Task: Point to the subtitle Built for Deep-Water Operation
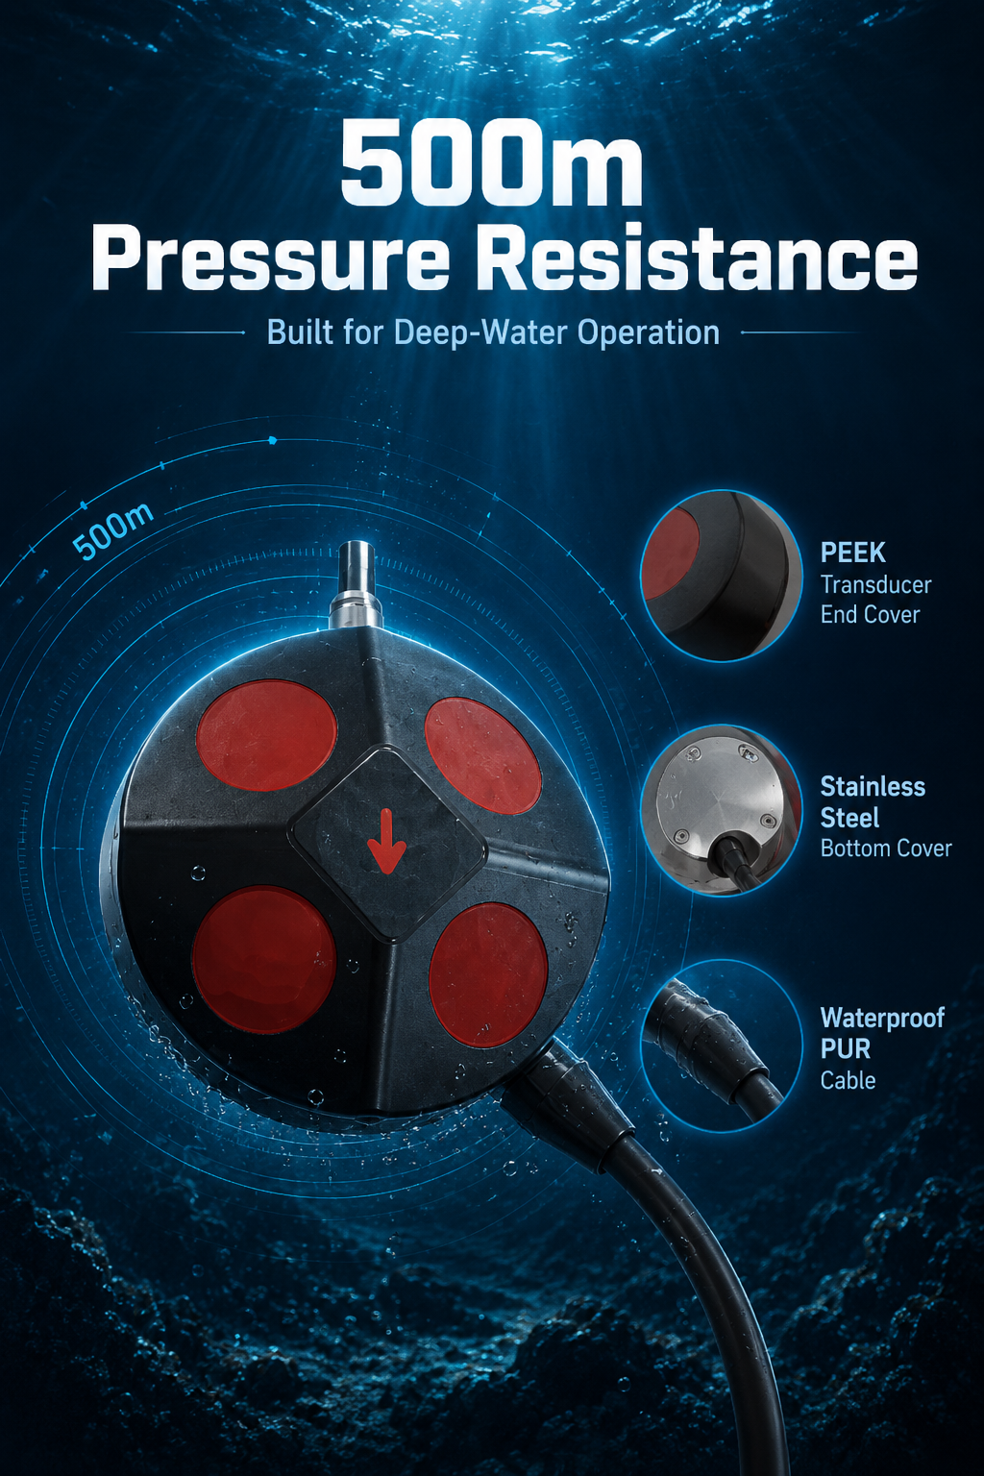tap(493, 332)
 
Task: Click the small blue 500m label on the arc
tap(113, 531)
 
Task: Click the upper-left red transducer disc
tap(267, 736)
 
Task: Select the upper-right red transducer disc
tap(483, 756)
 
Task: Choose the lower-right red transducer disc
tap(488, 975)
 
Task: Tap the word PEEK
tap(853, 553)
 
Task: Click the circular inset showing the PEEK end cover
tap(723, 576)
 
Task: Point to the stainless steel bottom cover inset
tap(723, 810)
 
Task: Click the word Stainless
tap(873, 787)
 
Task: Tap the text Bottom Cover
tap(886, 849)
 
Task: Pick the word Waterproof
tap(882, 1019)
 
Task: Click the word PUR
tap(845, 1049)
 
